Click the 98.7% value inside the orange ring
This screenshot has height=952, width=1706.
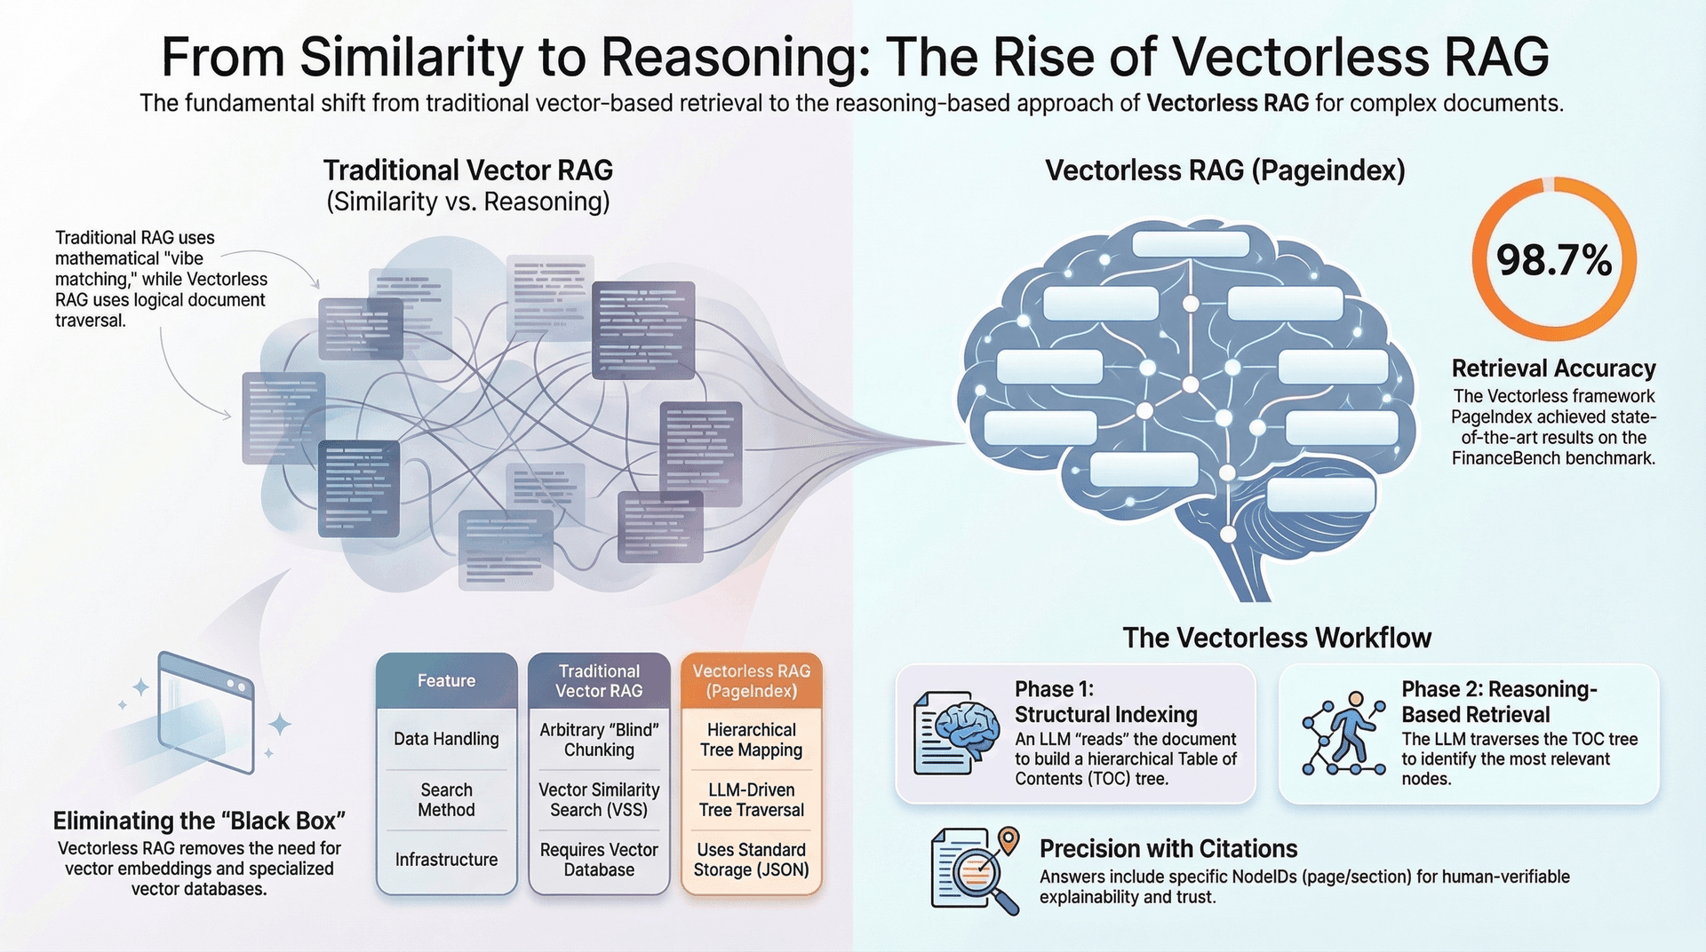pyautogui.click(x=1553, y=261)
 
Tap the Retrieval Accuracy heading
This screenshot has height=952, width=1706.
pyautogui.click(x=1553, y=369)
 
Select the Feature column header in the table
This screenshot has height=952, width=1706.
pyautogui.click(x=446, y=681)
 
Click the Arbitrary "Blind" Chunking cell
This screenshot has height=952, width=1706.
pyautogui.click(x=599, y=740)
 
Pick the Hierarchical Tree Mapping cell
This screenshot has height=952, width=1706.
pyautogui.click(x=751, y=740)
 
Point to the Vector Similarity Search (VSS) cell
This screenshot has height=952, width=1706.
pyautogui.click(x=599, y=799)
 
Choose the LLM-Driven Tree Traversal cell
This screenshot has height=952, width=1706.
pyautogui.click(x=751, y=799)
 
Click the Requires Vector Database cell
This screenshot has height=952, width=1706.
pyautogui.click(x=599, y=860)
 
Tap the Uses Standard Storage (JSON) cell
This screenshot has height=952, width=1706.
pyautogui.click(x=751, y=860)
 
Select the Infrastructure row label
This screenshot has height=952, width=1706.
pyautogui.click(x=446, y=860)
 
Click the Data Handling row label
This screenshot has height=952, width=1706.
pyautogui.click(x=446, y=739)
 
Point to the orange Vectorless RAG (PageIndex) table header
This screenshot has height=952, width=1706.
pyautogui.click(x=751, y=681)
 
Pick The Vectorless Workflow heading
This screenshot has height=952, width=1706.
pyautogui.click(x=1277, y=638)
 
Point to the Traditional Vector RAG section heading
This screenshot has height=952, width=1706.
pyautogui.click(x=467, y=171)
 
